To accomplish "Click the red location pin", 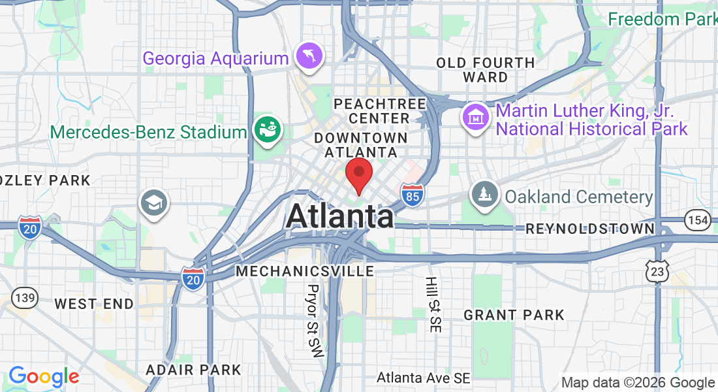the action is [358, 174].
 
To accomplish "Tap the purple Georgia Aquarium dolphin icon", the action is [307, 56].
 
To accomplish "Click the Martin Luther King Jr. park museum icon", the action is [476, 117].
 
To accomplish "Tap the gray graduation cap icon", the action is [154, 203].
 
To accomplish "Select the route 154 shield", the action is [698, 220].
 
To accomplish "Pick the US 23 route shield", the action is [657, 270].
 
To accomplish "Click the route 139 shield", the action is [25, 297].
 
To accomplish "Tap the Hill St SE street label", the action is [431, 304].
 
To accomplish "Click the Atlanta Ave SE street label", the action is [424, 378].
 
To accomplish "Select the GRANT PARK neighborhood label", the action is [514, 315].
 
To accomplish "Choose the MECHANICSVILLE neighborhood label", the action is [305, 270].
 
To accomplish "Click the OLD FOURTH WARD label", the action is [485, 70].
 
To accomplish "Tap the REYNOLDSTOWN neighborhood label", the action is [590, 229].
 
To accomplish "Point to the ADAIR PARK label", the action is [193, 370].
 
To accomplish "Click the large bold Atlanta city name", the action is [339, 216].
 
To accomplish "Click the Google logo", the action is [44, 376].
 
